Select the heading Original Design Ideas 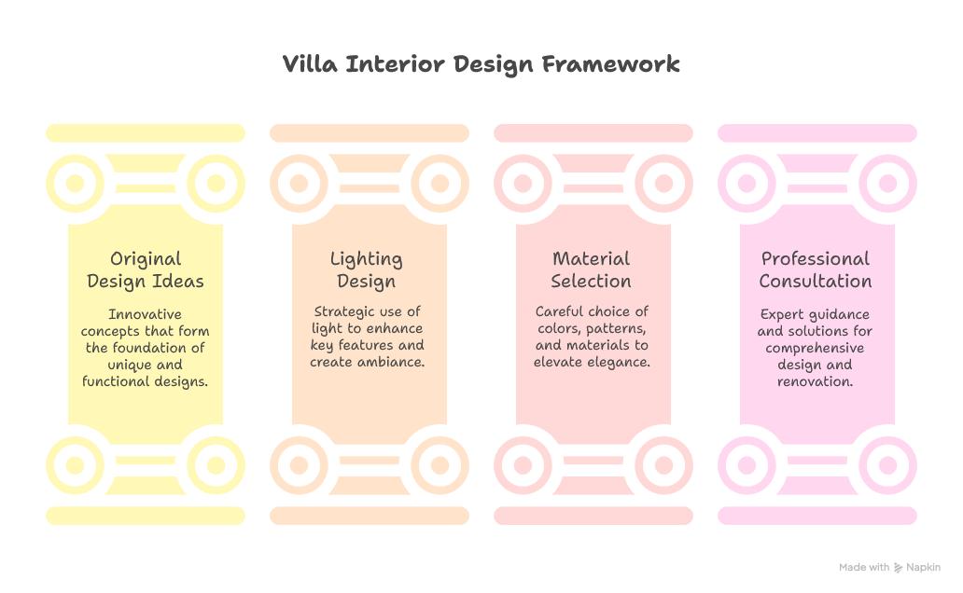click(146, 269)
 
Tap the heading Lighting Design click(367, 269)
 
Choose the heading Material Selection click(591, 269)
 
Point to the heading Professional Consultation click(816, 269)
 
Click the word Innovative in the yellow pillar click(145, 314)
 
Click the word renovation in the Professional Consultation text click(816, 381)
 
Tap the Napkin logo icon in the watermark click(898, 567)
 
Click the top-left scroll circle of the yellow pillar click(75, 184)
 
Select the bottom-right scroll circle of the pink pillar click(887, 463)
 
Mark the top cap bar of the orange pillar click(369, 133)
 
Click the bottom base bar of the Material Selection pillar click(593, 516)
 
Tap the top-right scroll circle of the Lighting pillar click(440, 184)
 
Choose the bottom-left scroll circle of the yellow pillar click(75, 463)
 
